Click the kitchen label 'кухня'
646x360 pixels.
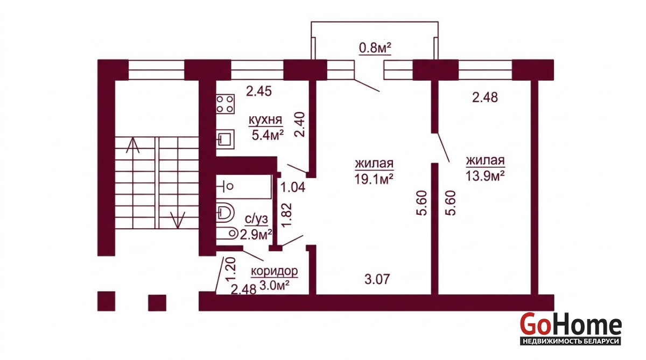tap(265, 120)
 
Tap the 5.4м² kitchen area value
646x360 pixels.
tap(268, 135)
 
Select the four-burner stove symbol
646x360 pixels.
tap(225, 104)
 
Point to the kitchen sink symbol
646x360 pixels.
tap(225, 139)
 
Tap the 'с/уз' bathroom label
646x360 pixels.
tap(256, 220)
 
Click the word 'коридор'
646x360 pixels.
tap(274, 271)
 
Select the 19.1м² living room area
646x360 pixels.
tap(374, 179)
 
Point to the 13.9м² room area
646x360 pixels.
tap(485, 175)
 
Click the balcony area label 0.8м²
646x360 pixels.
tap(375, 48)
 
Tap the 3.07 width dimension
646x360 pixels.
tap(377, 279)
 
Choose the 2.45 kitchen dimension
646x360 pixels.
tap(259, 91)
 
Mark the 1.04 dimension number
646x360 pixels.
tap(293, 188)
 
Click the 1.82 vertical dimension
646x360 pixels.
tap(287, 216)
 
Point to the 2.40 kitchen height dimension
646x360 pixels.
tap(299, 124)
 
